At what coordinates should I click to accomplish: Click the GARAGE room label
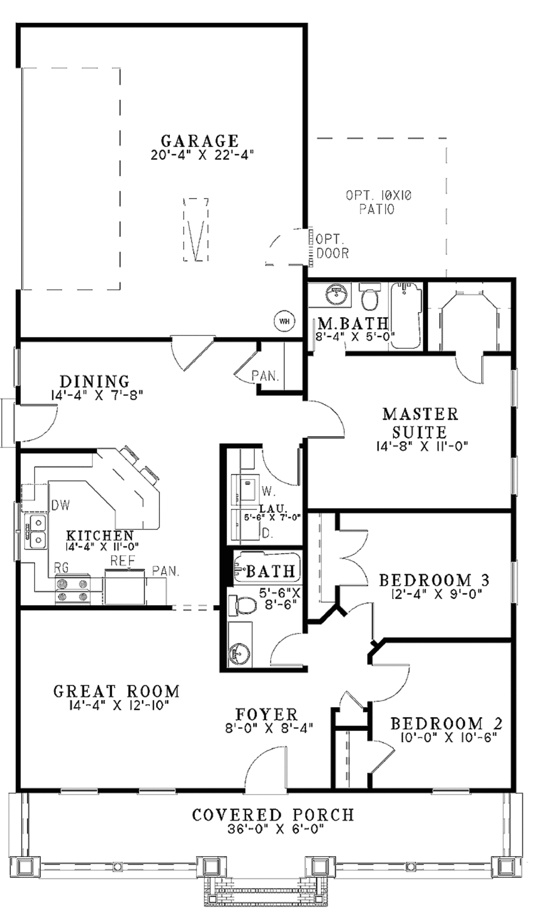click(x=200, y=141)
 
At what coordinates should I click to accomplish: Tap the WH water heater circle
click(x=284, y=321)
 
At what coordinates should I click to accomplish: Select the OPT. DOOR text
click(x=332, y=247)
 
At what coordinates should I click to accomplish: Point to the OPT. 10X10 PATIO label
click(x=378, y=202)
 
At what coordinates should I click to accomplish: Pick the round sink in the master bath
click(x=334, y=294)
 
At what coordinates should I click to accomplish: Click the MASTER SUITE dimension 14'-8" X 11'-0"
click(x=421, y=446)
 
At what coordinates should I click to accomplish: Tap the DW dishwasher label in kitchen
click(x=61, y=505)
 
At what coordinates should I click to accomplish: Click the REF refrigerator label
click(x=123, y=561)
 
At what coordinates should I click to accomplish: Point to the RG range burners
click(x=73, y=590)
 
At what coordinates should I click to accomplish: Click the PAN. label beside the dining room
click(x=265, y=376)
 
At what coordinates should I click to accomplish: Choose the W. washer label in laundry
click(x=268, y=491)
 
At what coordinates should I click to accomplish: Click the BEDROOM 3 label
click(x=434, y=580)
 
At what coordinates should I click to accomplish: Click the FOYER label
click(x=266, y=714)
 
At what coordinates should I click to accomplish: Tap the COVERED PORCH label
click(x=273, y=815)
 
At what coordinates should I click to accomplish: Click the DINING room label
click(x=95, y=381)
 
